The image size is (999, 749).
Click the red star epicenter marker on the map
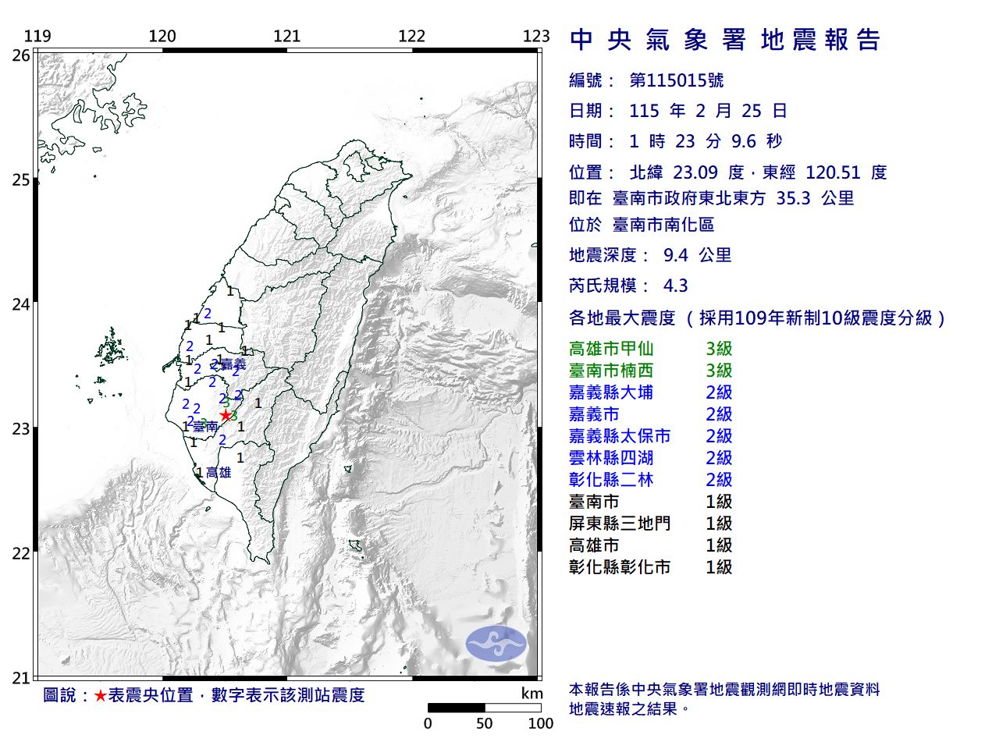tap(226, 415)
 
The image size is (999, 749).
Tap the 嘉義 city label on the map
tap(233, 364)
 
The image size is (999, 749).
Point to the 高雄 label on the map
tap(219, 472)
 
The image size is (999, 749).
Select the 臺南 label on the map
tap(205, 427)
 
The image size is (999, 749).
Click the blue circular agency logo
tap(496, 644)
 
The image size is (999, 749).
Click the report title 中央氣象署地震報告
tap(726, 41)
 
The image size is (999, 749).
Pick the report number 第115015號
tap(677, 80)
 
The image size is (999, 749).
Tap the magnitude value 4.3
tap(675, 286)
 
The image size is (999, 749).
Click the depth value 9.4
tap(675, 255)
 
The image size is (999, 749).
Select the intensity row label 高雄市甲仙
tap(611, 349)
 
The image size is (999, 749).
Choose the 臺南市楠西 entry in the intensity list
tap(611, 371)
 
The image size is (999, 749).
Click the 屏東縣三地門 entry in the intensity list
tap(620, 524)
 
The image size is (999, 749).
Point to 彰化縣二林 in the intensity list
tap(611, 480)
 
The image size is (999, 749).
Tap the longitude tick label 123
tap(536, 36)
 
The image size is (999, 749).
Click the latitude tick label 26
tap(21, 55)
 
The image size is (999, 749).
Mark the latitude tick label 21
tap(21, 678)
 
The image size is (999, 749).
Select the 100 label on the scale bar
tap(540, 723)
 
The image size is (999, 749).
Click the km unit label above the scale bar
tap(531, 694)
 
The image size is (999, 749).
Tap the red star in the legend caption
tap(100, 695)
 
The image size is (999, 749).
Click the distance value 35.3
tap(792, 198)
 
